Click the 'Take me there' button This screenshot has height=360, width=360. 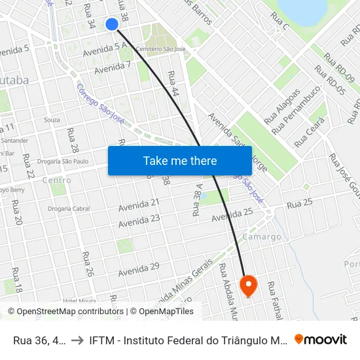pyautogui.click(x=180, y=160)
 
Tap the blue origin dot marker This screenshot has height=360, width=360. pyautogui.click(x=112, y=24)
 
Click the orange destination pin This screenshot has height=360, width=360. pyautogui.click(x=249, y=285)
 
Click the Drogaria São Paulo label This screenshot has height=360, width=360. pyautogui.click(x=63, y=161)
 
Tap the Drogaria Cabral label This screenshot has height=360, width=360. pyautogui.click(x=69, y=209)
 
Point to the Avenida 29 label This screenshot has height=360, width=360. pyautogui.click(x=139, y=268)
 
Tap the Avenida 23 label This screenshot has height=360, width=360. pyautogui.click(x=139, y=221)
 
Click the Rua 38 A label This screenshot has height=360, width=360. pyautogui.click(x=197, y=199)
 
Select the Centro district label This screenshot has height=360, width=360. pyautogui.click(x=56, y=180)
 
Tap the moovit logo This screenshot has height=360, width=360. pyautogui.click(x=321, y=339)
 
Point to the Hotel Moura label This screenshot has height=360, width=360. pyautogui.click(x=79, y=300)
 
